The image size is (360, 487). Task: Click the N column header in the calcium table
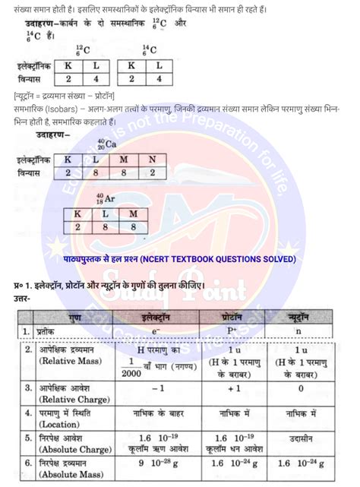pos(152,160)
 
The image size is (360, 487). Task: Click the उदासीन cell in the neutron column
pos(301,439)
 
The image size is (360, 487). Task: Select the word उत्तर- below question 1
pos(17,298)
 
